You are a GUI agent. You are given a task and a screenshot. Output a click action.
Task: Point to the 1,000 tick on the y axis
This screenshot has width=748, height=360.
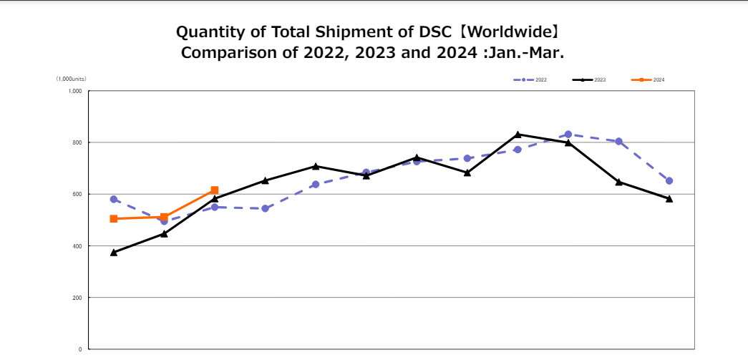75,91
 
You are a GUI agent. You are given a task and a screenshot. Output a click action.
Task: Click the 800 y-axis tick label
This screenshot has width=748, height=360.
77,142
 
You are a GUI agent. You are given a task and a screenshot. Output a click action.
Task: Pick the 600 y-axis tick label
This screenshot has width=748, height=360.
77,194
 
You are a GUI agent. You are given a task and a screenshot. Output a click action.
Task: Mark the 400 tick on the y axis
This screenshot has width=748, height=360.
77,246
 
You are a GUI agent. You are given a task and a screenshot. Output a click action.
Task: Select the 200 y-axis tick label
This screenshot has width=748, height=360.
77,298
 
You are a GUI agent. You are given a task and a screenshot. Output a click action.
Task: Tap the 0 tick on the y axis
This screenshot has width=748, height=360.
80,349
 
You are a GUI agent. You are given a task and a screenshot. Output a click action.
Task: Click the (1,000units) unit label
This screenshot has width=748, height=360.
72,79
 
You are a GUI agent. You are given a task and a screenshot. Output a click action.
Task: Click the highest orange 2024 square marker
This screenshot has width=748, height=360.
215,190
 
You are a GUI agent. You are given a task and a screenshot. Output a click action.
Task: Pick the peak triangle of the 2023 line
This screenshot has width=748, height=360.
518,134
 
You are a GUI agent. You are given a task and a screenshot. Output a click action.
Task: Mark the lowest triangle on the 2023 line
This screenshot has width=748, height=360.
114,253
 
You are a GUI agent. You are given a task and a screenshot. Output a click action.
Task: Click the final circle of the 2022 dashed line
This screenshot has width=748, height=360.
669,180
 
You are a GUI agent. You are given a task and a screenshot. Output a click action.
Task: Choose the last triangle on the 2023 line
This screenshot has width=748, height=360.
669,199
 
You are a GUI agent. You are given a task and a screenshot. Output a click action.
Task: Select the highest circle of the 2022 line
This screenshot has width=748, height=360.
568,134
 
